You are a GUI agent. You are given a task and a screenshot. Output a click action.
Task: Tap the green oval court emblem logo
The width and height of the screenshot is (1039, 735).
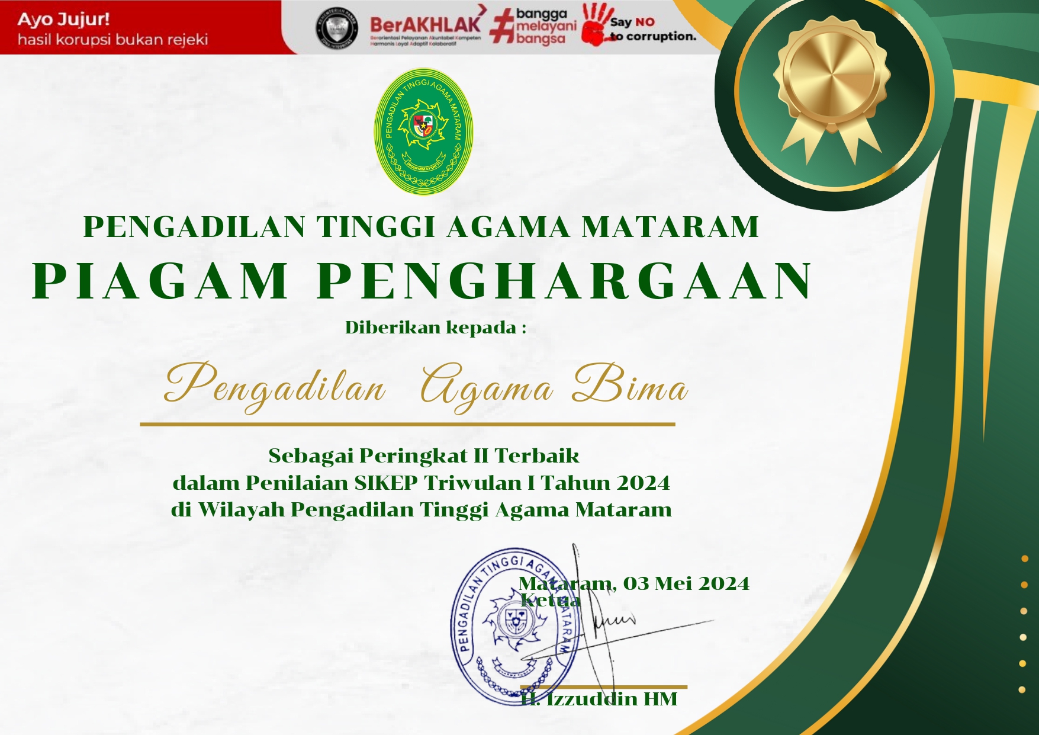(423, 131)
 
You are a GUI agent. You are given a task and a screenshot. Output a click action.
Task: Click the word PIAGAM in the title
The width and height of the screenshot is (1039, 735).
(160, 281)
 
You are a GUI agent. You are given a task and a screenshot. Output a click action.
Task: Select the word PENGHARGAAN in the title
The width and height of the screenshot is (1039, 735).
(565, 281)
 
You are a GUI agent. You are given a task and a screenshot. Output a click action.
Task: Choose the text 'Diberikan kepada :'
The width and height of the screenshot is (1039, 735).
(436, 328)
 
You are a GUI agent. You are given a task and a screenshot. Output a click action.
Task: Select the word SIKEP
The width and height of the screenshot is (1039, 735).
(386, 483)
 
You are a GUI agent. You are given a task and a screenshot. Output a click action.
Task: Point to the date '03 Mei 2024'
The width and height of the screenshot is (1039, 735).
(686, 583)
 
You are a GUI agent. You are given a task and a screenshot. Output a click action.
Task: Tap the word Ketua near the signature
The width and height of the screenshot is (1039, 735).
(551, 600)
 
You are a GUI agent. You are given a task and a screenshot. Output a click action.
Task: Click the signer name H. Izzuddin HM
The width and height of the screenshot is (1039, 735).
(599, 699)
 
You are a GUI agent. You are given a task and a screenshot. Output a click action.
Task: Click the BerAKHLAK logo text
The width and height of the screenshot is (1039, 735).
(425, 24)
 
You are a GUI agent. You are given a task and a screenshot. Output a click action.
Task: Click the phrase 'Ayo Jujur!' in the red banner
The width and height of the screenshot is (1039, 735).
(64, 20)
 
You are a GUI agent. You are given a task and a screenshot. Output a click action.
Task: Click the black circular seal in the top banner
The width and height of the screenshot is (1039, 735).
(337, 28)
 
